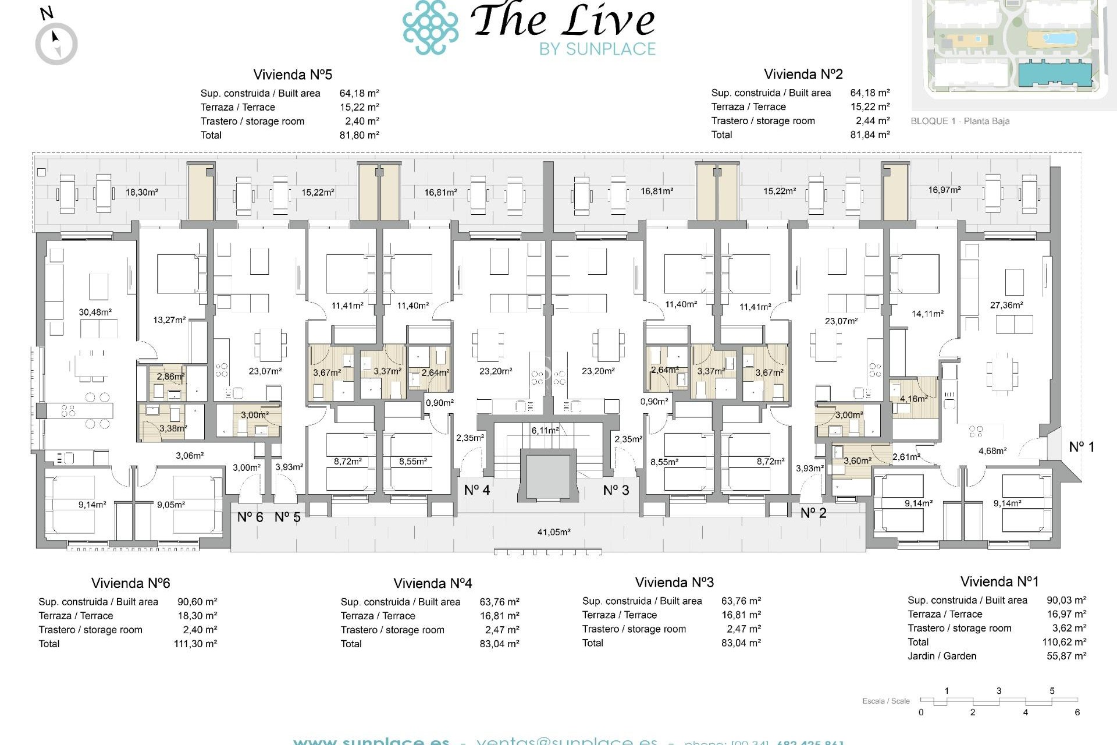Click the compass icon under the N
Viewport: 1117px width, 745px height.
point(56,44)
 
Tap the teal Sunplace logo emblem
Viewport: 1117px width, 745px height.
point(431,27)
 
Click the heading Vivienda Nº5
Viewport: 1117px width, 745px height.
point(293,74)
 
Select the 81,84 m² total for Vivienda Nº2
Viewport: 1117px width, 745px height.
point(870,135)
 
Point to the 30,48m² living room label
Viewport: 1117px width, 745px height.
point(95,313)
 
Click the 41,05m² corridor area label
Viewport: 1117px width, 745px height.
point(554,532)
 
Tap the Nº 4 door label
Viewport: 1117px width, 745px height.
point(476,490)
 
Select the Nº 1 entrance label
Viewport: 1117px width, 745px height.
point(1082,447)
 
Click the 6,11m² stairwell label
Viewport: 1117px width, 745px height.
point(545,431)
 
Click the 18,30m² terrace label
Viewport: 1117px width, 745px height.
point(142,192)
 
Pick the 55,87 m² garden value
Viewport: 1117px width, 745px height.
point(1066,656)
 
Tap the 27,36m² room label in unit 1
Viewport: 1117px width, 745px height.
point(1006,305)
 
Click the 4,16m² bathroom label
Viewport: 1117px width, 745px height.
point(913,399)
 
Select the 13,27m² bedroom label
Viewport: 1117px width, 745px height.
point(169,320)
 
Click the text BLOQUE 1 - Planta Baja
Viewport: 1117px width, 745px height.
point(960,121)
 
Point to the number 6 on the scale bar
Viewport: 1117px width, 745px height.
point(1077,712)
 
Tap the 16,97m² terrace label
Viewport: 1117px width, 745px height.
point(944,190)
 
